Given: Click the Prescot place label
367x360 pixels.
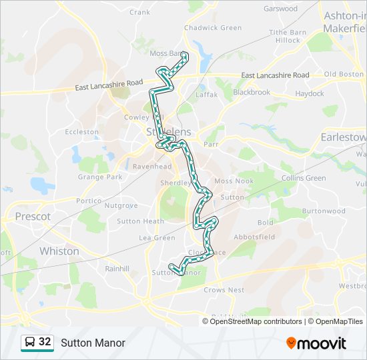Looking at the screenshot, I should coord(33,217).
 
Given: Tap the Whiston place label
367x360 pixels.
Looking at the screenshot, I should coord(59,251).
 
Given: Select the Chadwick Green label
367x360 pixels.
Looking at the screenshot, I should coord(212,28).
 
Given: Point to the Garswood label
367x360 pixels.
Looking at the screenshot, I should coord(280,9).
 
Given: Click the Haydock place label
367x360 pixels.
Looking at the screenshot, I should coord(309,94).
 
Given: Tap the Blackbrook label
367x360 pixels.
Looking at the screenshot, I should coord(252,92).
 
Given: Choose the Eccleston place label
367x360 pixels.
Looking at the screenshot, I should coord(81,132).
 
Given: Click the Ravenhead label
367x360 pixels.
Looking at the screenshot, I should coord(152,166).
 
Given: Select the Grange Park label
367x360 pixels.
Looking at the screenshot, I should coord(100,177).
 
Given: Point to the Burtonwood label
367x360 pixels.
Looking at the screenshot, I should coord(324,211).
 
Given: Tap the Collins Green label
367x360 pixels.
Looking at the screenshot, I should coord(304,178).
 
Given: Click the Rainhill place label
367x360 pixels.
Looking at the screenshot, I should coord(117,269).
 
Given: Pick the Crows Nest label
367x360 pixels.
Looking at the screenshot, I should coord(224,290).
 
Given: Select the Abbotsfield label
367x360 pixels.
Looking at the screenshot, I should coord(254,237).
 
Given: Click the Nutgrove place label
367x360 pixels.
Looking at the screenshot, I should coord(121,205).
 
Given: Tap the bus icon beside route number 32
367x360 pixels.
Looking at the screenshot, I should coord(30,343).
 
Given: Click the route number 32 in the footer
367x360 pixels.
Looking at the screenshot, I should coord(45,342).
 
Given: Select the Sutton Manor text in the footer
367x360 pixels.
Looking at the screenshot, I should coord(93,343).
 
